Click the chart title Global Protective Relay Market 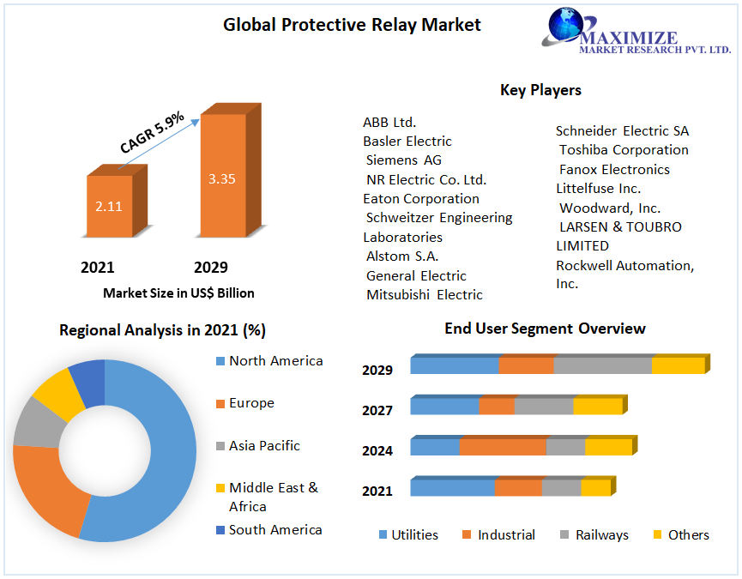[x=352, y=25]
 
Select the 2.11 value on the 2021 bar [x=109, y=206]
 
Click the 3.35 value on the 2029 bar [x=221, y=179]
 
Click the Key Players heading [x=540, y=90]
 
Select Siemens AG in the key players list [x=404, y=160]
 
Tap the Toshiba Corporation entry [x=624, y=150]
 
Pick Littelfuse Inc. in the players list [x=598, y=188]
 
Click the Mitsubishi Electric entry [x=425, y=295]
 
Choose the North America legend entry [x=275, y=361]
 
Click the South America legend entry [x=275, y=530]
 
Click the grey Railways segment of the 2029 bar [x=602, y=365]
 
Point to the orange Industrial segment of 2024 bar [x=503, y=447]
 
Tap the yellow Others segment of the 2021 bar [x=594, y=487]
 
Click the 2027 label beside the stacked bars [x=377, y=411]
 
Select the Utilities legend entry [x=414, y=535]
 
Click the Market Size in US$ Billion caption [x=178, y=293]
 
